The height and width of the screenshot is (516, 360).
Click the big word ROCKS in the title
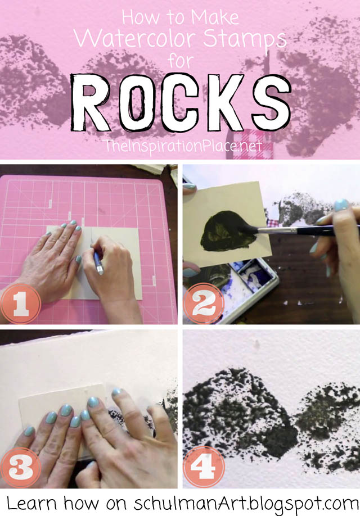(x=181, y=103)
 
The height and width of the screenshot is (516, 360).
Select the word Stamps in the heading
(x=244, y=40)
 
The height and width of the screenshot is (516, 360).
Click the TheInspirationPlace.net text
(x=182, y=146)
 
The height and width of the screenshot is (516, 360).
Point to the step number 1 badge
(x=20, y=304)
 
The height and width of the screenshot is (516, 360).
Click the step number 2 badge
(x=204, y=304)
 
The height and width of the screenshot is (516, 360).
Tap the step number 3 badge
(x=20, y=467)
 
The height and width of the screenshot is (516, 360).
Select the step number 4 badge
(x=204, y=467)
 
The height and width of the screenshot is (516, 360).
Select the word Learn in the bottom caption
(x=31, y=503)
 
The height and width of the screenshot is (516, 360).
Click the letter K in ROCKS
(x=224, y=102)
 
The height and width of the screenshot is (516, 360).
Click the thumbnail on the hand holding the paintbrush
(x=341, y=205)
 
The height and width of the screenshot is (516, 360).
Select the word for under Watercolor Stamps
(x=181, y=61)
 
